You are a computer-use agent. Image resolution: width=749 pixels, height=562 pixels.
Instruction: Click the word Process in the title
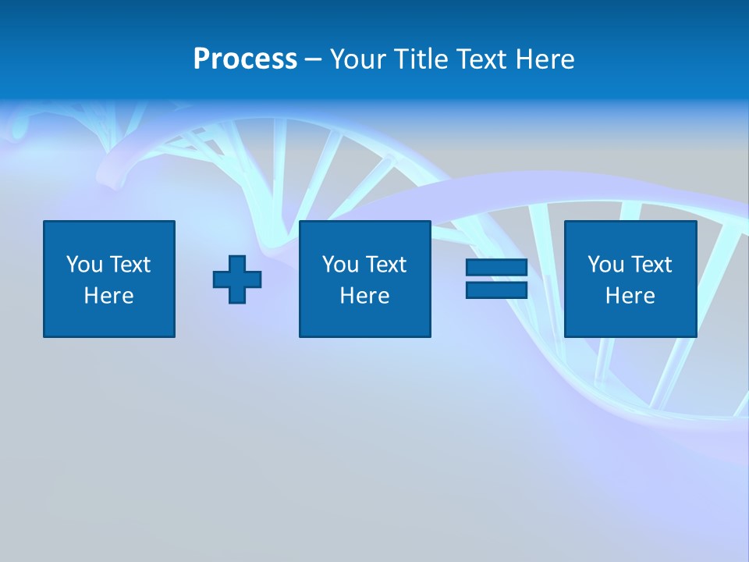(x=245, y=59)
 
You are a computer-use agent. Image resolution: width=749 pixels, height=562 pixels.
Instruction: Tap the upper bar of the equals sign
(x=496, y=268)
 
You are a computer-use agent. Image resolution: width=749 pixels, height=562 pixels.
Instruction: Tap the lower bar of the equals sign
(x=496, y=290)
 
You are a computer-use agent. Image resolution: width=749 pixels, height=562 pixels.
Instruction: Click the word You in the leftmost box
(x=84, y=265)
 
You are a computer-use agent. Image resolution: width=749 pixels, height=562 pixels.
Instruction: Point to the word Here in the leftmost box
(x=109, y=296)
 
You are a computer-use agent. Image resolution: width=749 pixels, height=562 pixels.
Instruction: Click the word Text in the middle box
(x=386, y=265)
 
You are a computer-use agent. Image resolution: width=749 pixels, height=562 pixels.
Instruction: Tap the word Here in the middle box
(x=364, y=296)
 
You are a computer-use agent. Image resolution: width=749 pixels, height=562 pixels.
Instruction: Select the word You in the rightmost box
(x=605, y=265)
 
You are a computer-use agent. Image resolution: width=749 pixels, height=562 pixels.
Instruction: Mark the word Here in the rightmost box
(x=630, y=296)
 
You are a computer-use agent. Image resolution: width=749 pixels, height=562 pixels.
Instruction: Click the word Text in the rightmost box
(x=651, y=265)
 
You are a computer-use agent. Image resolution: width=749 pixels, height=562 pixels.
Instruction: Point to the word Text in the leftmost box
(x=130, y=265)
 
